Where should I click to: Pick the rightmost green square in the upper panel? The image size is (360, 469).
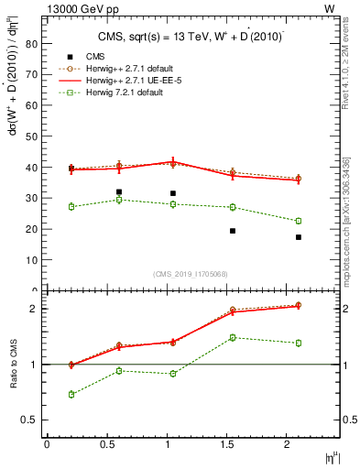pyautogui.click(x=299, y=221)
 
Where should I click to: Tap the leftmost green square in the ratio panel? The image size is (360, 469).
pyautogui.click(x=71, y=394)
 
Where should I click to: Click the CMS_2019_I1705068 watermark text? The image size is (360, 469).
pyautogui.click(x=191, y=274)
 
